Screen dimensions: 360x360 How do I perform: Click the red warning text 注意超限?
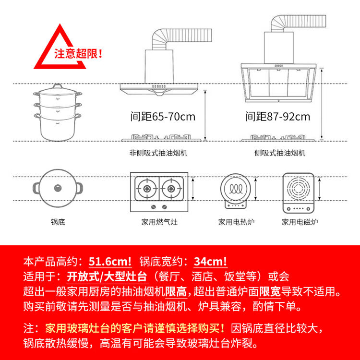(x=78, y=54)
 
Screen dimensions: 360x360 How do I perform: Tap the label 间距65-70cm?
(x=163, y=117)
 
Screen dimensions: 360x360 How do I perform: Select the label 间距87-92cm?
(x=277, y=117)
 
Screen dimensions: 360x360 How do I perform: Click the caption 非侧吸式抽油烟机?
(x=158, y=153)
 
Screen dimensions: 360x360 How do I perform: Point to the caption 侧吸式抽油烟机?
(x=280, y=153)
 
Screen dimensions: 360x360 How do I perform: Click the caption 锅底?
(x=58, y=222)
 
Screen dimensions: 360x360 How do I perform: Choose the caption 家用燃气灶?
(x=159, y=222)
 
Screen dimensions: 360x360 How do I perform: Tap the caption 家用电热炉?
(x=236, y=222)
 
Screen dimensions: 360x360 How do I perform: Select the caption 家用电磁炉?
(x=300, y=222)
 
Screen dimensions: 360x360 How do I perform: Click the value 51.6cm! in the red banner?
(x=110, y=262)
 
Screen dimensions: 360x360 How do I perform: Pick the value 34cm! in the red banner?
(x=211, y=262)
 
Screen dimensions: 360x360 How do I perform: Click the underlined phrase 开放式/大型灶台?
(x=107, y=276)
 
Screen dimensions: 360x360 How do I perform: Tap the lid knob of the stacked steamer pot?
(x=58, y=86)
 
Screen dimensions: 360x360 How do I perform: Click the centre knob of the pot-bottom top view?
(x=58, y=188)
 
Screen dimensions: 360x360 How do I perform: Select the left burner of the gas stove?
(x=147, y=189)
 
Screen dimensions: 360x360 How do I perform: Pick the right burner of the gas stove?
(x=171, y=189)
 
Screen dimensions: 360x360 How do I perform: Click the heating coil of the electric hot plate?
(x=236, y=189)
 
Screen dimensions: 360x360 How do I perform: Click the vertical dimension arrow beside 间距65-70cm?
(x=205, y=115)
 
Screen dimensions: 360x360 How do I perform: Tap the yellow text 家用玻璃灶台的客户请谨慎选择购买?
(x=135, y=328)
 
